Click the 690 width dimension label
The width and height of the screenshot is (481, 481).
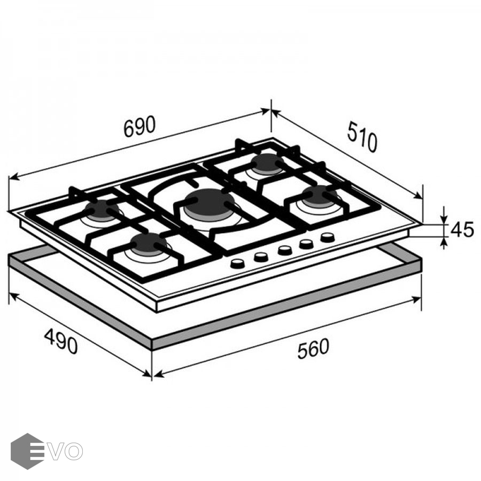[x=139, y=126]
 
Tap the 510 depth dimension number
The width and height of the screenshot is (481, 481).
[x=362, y=136]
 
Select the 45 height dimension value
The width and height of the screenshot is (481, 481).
[x=462, y=229]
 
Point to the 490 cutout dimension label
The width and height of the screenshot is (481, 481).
[x=61, y=341]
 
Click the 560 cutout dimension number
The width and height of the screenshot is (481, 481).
[x=313, y=348]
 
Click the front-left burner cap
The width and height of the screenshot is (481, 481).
[x=148, y=244]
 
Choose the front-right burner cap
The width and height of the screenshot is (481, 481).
[x=319, y=196]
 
